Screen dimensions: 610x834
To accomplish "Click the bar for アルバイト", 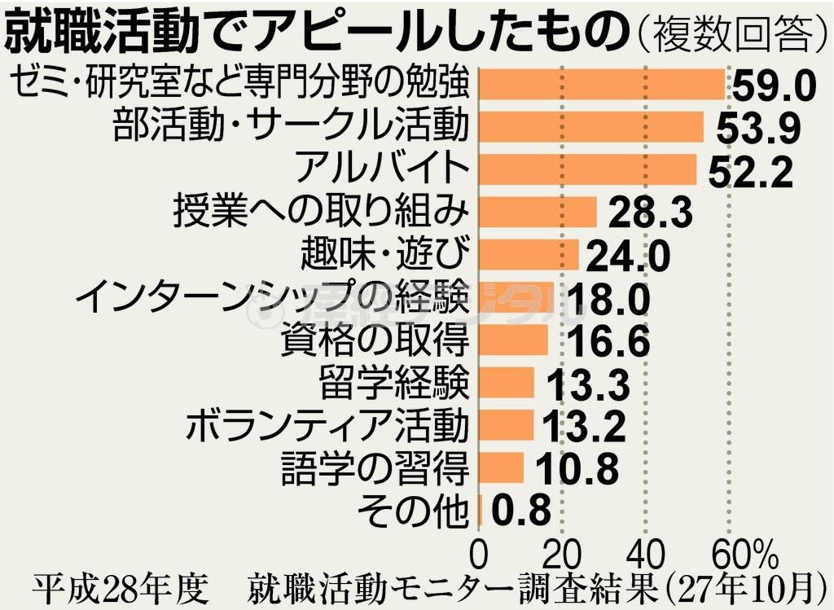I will tap(588, 169).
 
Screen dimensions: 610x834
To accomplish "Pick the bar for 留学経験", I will tap(507, 382).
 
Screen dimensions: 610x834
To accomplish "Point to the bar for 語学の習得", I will tap(502, 467).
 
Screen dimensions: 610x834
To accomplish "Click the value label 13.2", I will tap(584, 425).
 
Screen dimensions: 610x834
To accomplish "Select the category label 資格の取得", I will tap(375, 340).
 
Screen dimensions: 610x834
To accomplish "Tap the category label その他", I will tap(414, 511).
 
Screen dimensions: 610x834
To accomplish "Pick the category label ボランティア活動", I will tap(328, 425).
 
